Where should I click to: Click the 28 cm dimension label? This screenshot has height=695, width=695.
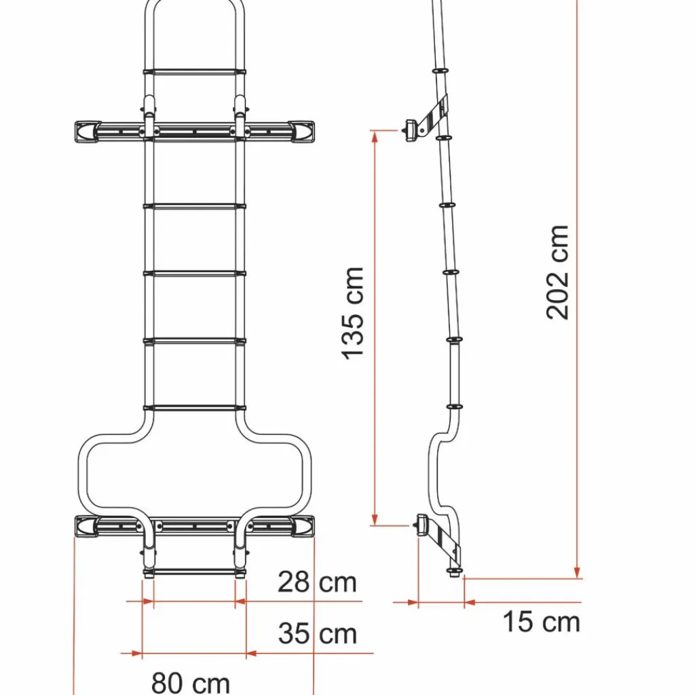pyautogui.click(x=317, y=582)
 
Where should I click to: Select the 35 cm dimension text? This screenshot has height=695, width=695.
pyautogui.click(x=317, y=634)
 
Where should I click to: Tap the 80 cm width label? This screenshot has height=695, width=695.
pyautogui.click(x=191, y=682)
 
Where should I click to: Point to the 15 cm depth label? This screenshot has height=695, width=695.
pyautogui.click(x=541, y=622)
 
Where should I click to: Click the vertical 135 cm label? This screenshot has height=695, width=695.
pyautogui.click(x=354, y=313)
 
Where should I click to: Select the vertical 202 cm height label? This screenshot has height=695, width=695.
pyautogui.click(x=558, y=272)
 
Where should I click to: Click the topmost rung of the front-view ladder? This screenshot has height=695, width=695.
pyautogui.click(x=194, y=71)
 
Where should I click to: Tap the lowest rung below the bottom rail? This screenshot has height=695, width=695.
pyautogui.click(x=194, y=572)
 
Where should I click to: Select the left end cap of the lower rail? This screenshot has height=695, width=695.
pyautogui.click(x=86, y=525)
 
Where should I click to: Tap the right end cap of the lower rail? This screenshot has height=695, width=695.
pyautogui.click(x=303, y=525)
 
